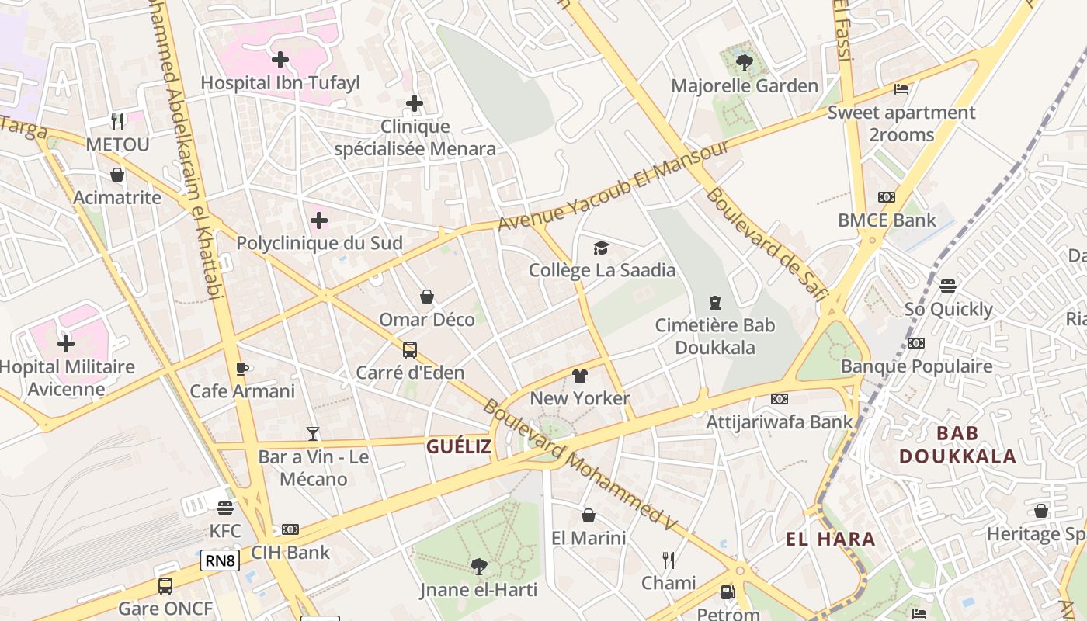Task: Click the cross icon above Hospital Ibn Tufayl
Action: click(280, 59)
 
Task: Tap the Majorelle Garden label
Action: click(745, 85)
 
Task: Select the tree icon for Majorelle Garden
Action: click(745, 62)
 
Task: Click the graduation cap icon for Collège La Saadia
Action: click(602, 248)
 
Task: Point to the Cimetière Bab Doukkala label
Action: click(714, 336)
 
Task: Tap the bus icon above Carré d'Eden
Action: click(410, 350)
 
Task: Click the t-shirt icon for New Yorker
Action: click(580, 376)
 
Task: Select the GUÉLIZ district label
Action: click(459, 446)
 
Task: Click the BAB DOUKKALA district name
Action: click(957, 445)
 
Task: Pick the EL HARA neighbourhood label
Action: click(830, 539)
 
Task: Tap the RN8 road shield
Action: click(220, 560)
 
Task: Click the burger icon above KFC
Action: click(225, 508)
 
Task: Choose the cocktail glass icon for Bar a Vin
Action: click(313, 434)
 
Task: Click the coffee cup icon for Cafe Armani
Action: click(242, 369)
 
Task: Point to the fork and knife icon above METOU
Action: click(117, 121)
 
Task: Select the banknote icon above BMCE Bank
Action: click(887, 197)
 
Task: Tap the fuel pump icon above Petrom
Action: click(728, 592)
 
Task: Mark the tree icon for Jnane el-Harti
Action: click(478, 567)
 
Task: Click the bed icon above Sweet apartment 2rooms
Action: click(901, 89)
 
